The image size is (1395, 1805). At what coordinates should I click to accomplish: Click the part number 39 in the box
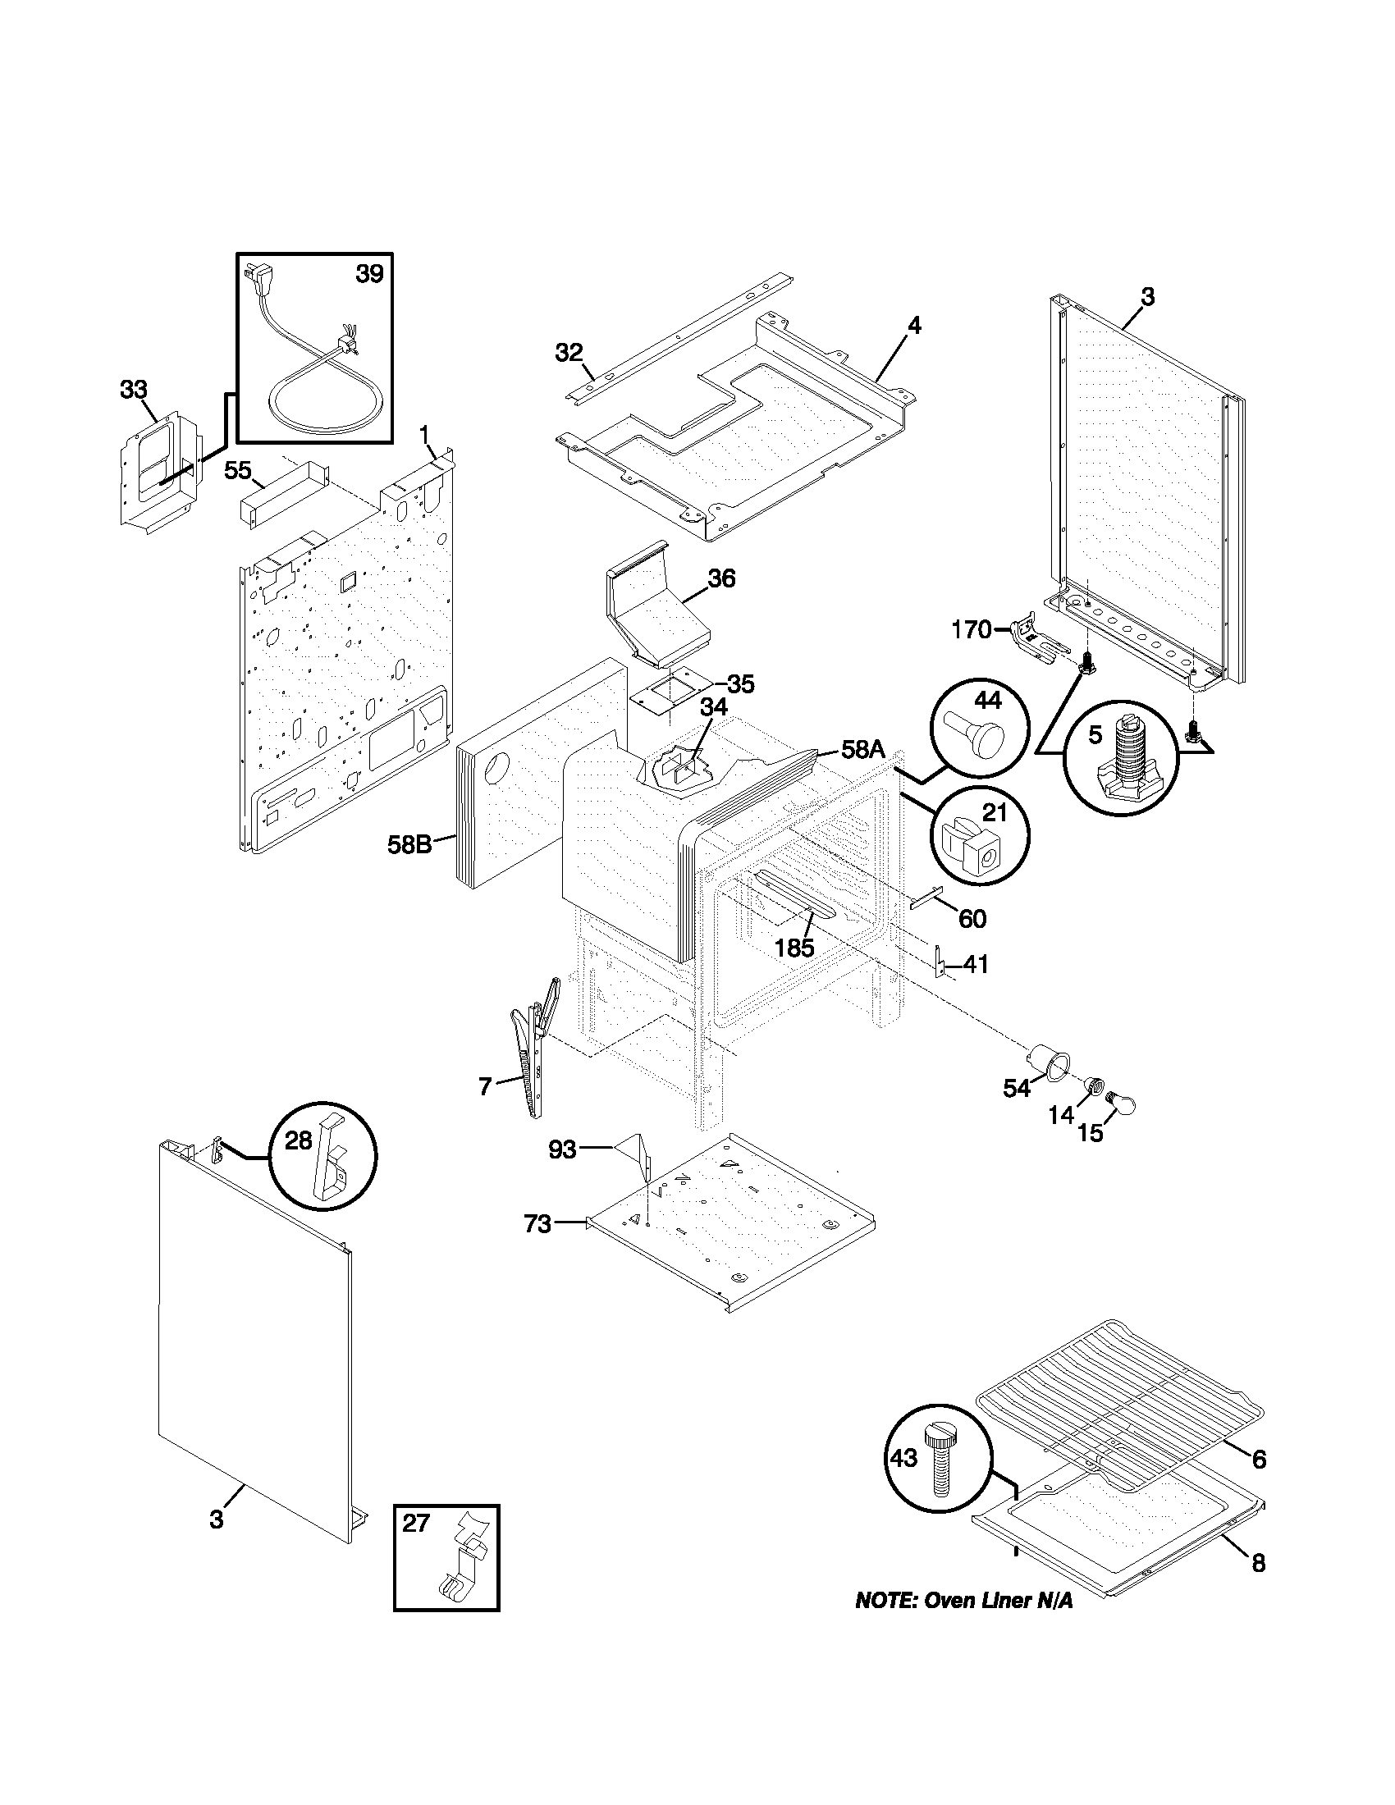(x=369, y=273)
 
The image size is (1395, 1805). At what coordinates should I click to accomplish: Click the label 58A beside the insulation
(x=862, y=750)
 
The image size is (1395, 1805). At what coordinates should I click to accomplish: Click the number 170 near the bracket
(x=970, y=630)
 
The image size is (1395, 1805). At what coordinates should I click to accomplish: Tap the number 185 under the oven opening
(x=795, y=948)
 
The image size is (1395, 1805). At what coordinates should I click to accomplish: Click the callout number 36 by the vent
(x=721, y=578)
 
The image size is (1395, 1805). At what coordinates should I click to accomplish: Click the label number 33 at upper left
(x=133, y=389)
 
